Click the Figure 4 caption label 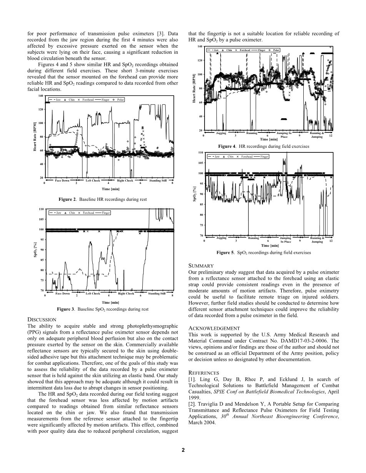pyautogui.click(x=227, y=146)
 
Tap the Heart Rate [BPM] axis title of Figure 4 pyautogui.click(x=195, y=88)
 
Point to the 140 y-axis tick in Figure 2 pyautogui.click(x=40, y=96)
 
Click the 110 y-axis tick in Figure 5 pyautogui.click(x=200, y=153)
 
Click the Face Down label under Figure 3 pyautogui.click(x=62, y=293)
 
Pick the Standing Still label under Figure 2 pyautogui.click(x=158, y=180)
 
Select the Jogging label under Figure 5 pyautogui.click(x=221, y=238)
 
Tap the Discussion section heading pyautogui.click(x=42, y=319)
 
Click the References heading pyautogui.click(x=204, y=373)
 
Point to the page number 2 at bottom pyautogui.click(x=183, y=450)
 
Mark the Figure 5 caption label pyautogui.click(x=225, y=253)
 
